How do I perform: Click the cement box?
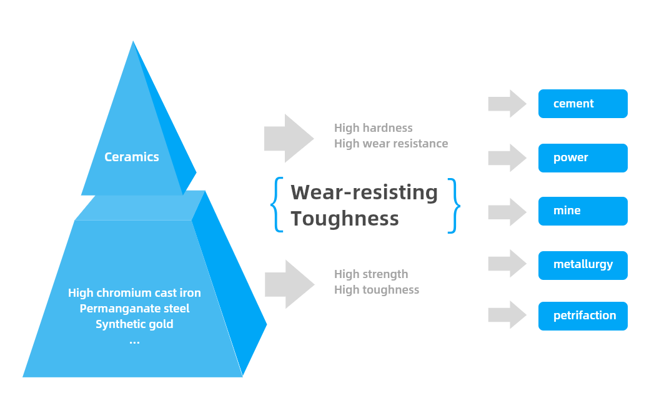(x=582, y=104)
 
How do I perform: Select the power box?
(x=582, y=157)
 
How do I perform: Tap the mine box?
(x=582, y=211)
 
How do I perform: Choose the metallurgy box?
(x=582, y=265)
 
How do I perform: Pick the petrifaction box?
(x=582, y=316)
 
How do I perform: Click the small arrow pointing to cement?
(x=507, y=104)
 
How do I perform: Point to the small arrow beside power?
(x=507, y=157)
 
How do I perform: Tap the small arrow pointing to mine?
(x=507, y=212)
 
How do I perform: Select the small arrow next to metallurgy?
(x=507, y=264)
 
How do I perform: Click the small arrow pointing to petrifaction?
(x=507, y=315)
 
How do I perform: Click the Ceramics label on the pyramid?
(x=131, y=157)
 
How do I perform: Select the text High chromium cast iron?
(x=134, y=293)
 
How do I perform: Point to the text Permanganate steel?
(x=134, y=309)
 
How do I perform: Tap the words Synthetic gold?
(x=134, y=324)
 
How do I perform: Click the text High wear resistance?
(x=391, y=144)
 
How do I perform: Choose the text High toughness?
(x=377, y=290)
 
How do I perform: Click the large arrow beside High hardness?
(x=288, y=138)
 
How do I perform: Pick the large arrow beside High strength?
(x=289, y=284)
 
